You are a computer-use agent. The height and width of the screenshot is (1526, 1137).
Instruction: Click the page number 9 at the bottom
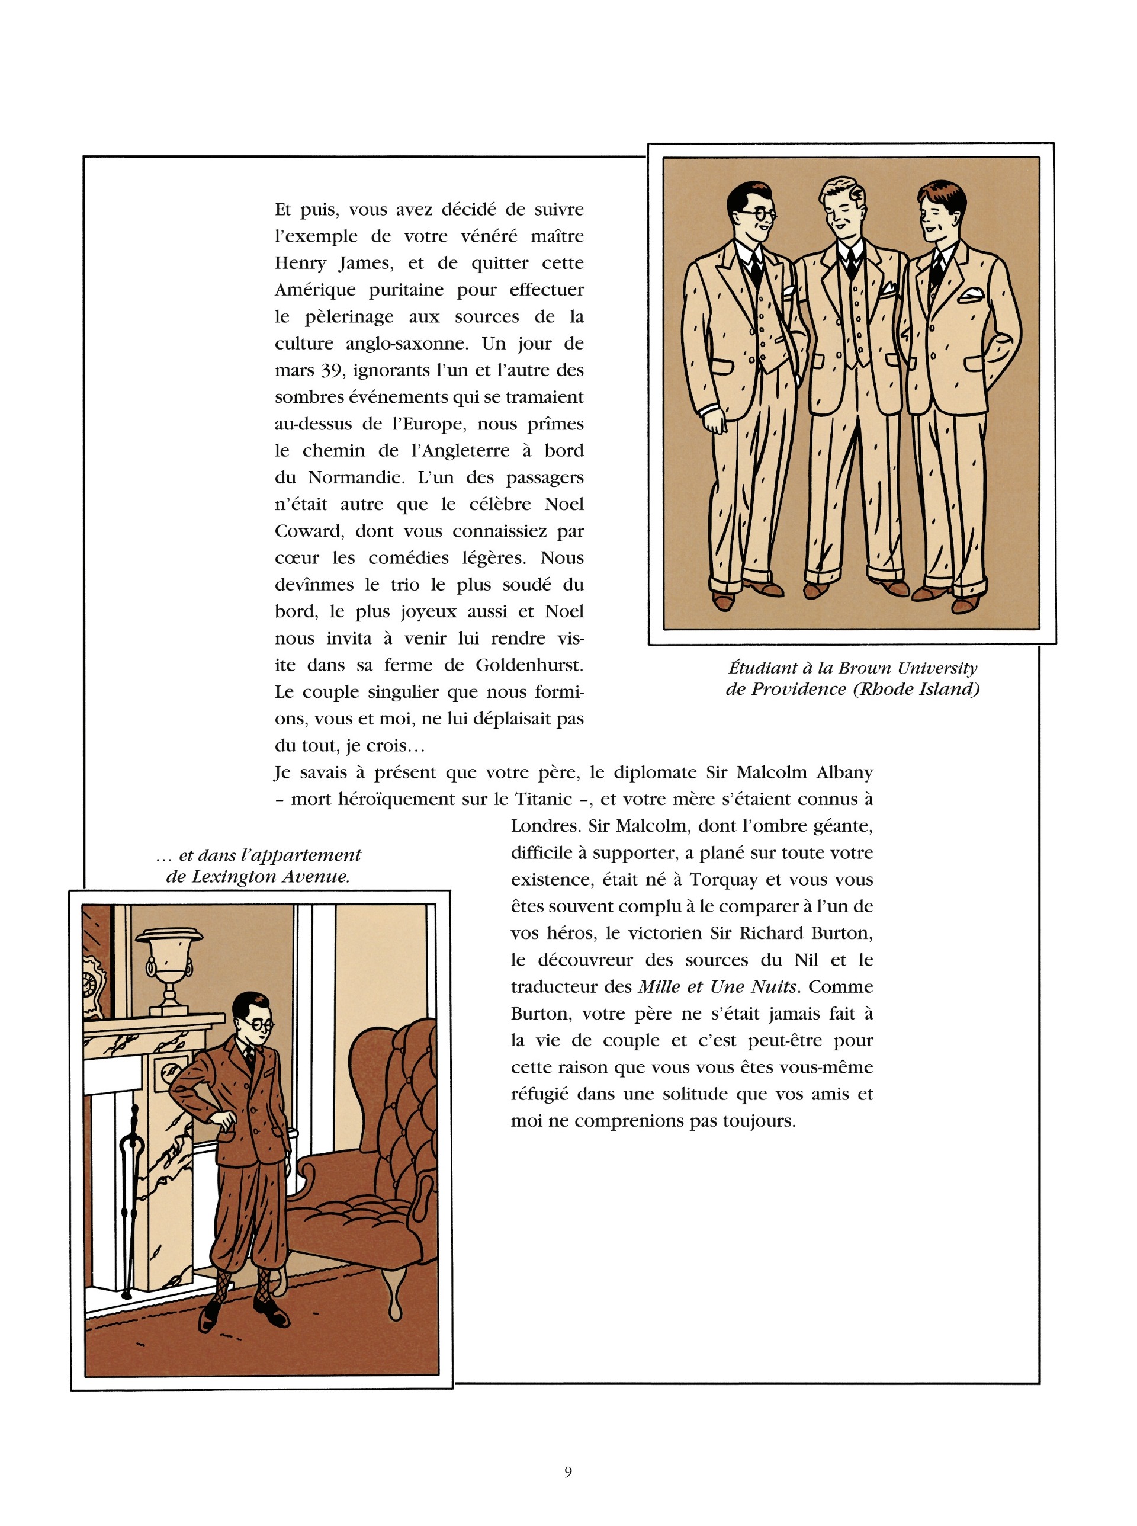point(568,1471)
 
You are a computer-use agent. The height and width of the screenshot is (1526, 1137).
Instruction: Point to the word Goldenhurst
point(529,665)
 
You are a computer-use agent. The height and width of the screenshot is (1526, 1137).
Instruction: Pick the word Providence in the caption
point(798,689)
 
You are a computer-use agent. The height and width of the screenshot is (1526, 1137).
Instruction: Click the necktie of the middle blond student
point(852,259)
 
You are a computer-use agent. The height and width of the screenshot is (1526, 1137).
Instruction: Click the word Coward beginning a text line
point(309,531)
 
